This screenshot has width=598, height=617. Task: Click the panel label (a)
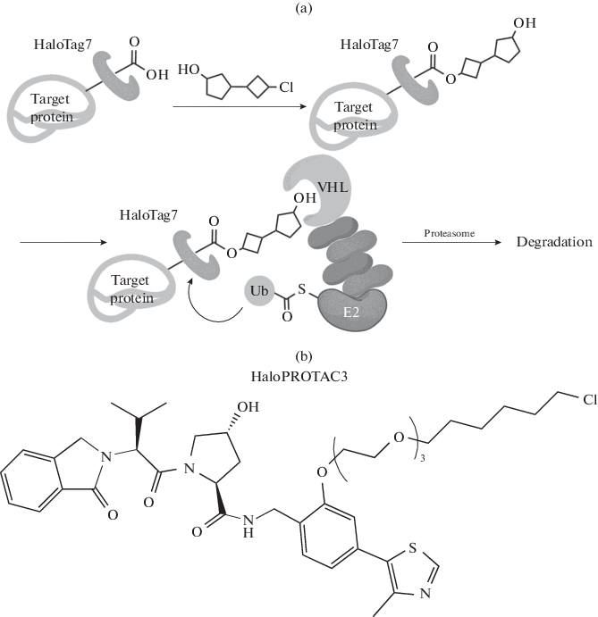299,8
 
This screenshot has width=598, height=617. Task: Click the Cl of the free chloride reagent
286,88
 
